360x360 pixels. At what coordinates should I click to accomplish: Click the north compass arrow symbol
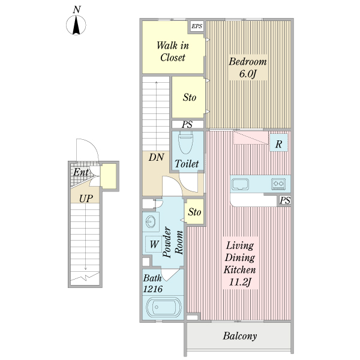pyautogui.click(x=76, y=25)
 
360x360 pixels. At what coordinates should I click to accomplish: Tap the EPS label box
pyautogui.click(x=197, y=26)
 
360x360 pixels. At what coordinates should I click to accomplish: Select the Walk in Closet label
pyautogui.click(x=173, y=52)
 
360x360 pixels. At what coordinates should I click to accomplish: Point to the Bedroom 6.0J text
pyautogui.click(x=248, y=67)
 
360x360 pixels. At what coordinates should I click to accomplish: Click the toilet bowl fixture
pyautogui.click(x=185, y=143)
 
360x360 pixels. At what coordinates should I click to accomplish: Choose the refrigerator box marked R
pyautogui.click(x=278, y=142)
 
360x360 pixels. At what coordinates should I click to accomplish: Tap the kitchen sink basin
pyautogui.click(x=240, y=184)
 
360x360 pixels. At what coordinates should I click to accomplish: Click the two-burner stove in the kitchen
pyautogui.click(x=278, y=184)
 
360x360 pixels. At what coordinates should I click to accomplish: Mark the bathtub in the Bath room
pyautogui.click(x=163, y=307)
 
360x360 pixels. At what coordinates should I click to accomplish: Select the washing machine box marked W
pyautogui.click(x=154, y=244)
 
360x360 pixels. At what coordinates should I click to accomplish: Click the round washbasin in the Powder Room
pyautogui.click(x=151, y=222)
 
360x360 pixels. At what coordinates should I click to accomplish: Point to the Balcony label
pyautogui.click(x=240, y=336)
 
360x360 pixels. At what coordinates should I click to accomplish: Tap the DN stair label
pyautogui.click(x=157, y=157)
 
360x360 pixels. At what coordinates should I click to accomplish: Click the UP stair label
pyautogui.click(x=86, y=199)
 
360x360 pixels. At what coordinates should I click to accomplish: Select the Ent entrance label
pyautogui.click(x=81, y=172)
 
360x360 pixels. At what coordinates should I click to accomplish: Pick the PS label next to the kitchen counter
pyautogui.click(x=285, y=200)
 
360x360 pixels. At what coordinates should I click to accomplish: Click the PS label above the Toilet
pyautogui.click(x=187, y=124)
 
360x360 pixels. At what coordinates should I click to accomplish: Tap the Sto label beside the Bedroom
pyautogui.click(x=190, y=97)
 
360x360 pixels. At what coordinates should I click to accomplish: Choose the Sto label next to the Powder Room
pyautogui.click(x=194, y=212)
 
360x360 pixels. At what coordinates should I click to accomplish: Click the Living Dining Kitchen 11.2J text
pyautogui.click(x=239, y=263)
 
